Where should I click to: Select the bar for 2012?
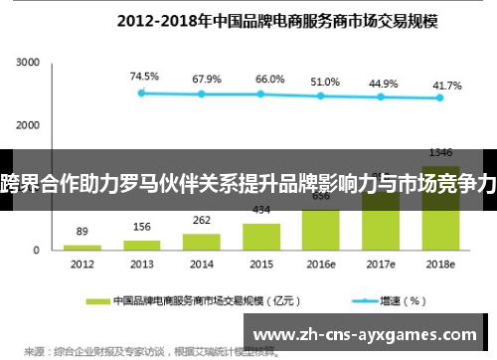pyautogui.click(x=83, y=247)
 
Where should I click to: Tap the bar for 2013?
pyautogui.click(x=142, y=244)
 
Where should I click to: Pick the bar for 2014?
pyautogui.click(x=202, y=241)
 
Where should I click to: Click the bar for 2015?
pyautogui.click(x=261, y=236)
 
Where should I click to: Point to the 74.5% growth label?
pyautogui.click(x=144, y=76)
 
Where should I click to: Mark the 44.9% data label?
pyautogui.click(x=383, y=84)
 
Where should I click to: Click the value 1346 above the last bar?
pyautogui.click(x=441, y=152)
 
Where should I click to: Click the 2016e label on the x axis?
pyautogui.click(x=320, y=265)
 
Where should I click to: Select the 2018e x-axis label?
pyautogui.click(x=440, y=265)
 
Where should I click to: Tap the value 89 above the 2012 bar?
pyautogui.click(x=82, y=231)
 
